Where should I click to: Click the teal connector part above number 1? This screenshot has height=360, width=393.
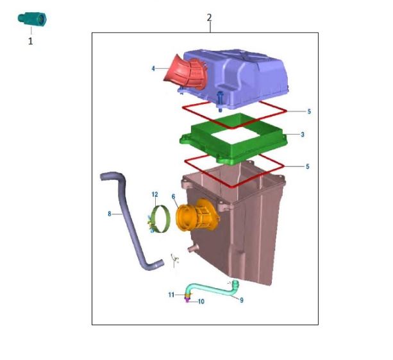(x=32, y=19)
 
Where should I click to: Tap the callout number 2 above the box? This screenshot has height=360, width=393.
(x=209, y=18)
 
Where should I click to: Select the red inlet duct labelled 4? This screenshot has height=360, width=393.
(x=186, y=73)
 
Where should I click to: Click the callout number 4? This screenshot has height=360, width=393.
(x=153, y=69)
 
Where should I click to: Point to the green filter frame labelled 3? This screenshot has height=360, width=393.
(x=233, y=139)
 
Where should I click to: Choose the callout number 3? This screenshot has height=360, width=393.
(x=303, y=135)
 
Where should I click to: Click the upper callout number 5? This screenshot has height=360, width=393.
(x=309, y=112)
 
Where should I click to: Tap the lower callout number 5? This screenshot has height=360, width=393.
(x=308, y=167)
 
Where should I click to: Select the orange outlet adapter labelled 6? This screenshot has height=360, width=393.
(x=197, y=216)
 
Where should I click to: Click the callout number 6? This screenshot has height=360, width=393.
(x=174, y=196)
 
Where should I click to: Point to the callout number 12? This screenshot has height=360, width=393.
(x=155, y=194)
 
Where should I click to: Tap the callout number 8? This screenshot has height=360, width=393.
(x=110, y=214)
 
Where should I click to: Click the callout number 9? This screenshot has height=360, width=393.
(x=242, y=300)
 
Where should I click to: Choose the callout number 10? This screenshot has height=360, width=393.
(x=201, y=302)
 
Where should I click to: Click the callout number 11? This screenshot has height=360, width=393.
(x=171, y=295)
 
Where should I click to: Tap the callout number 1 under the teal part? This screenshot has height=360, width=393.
(x=30, y=41)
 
